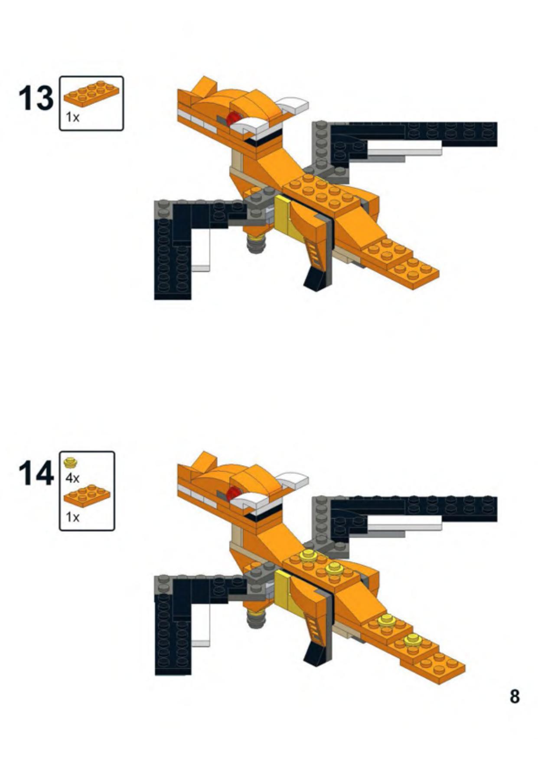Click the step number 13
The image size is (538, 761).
click(36, 98)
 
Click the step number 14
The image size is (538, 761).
click(36, 474)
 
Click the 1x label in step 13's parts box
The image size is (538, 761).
click(72, 117)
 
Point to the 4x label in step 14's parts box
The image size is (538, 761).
click(72, 478)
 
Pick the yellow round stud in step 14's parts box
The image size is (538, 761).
click(70, 463)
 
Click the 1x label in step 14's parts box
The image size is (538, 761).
click(72, 517)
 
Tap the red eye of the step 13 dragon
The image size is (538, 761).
click(233, 118)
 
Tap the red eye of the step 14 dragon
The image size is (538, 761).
click(233, 493)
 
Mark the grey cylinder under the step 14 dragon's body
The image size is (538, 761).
click(256, 619)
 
